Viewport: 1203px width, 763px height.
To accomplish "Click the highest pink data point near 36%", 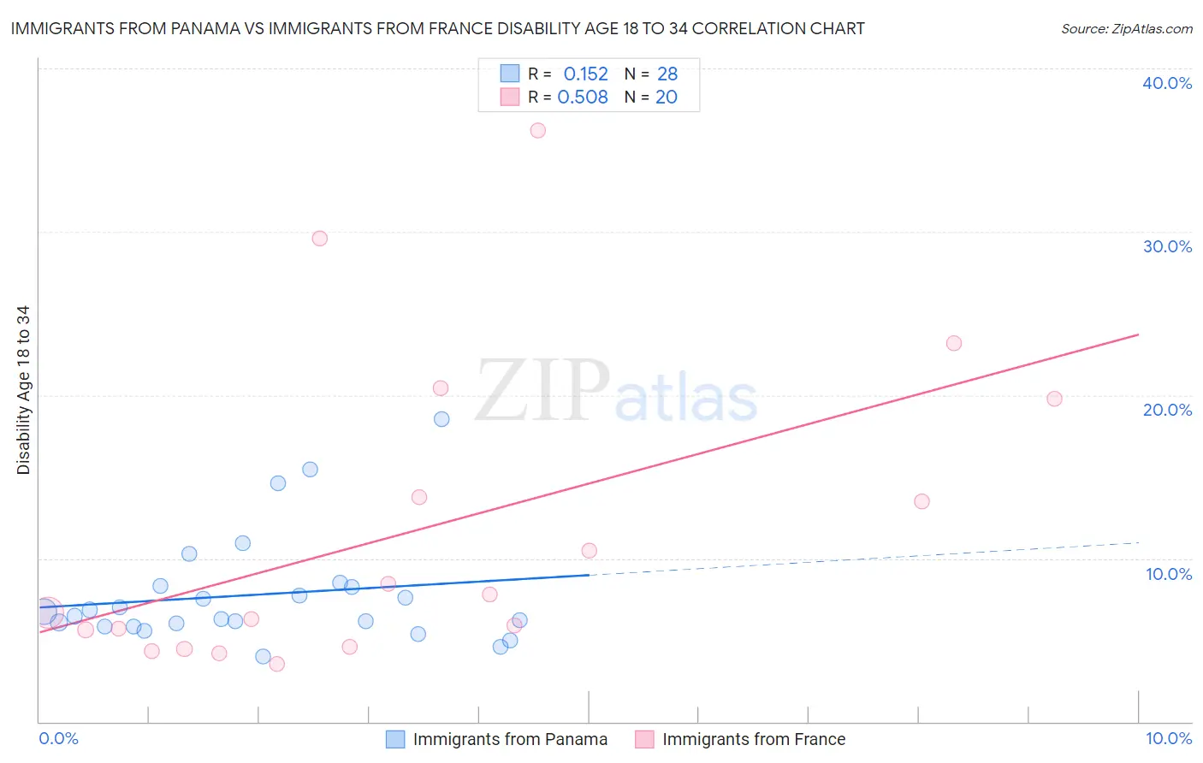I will pyautogui.click(x=537, y=131).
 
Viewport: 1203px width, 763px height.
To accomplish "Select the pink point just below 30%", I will pyautogui.click(x=320, y=239).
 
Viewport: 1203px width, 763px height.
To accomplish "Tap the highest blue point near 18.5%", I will pyautogui.click(x=441, y=419).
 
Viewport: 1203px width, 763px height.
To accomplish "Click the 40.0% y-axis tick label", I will pyautogui.click(x=1167, y=83).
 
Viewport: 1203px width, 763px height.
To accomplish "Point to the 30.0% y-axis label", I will pyautogui.click(x=1167, y=246).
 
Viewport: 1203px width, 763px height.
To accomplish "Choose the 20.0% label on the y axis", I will pyautogui.click(x=1167, y=410).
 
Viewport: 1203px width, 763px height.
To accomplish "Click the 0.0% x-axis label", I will pyautogui.click(x=58, y=738).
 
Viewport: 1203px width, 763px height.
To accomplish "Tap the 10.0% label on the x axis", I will pyautogui.click(x=1168, y=738).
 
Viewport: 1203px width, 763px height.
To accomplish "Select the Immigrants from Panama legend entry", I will pyautogui.click(x=510, y=739).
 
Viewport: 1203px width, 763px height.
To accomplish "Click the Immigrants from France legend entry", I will pyautogui.click(x=753, y=739).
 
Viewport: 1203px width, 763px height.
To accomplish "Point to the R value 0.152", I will pyautogui.click(x=585, y=74).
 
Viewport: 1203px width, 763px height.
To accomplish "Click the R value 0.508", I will pyautogui.click(x=583, y=98).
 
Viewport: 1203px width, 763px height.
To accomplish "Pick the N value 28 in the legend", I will pyautogui.click(x=667, y=74).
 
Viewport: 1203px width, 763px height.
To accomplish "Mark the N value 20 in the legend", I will pyautogui.click(x=667, y=98).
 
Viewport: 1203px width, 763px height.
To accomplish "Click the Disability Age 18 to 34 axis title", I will pyautogui.click(x=23, y=390).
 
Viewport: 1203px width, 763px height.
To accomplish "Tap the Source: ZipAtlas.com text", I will pyautogui.click(x=1126, y=29).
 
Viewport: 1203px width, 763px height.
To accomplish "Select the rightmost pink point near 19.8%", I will pyautogui.click(x=1054, y=399).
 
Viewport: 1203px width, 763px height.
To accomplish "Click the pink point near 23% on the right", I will pyautogui.click(x=954, y=344).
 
